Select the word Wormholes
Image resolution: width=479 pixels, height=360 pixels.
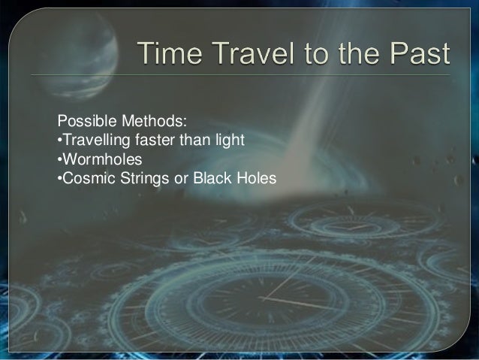tap(96, 159)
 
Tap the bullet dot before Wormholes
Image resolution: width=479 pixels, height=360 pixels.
tap(59, 160)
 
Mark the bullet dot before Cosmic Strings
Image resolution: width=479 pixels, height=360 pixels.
tap(59, 180)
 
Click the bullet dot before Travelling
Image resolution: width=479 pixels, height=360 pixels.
tap(59, 141)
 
